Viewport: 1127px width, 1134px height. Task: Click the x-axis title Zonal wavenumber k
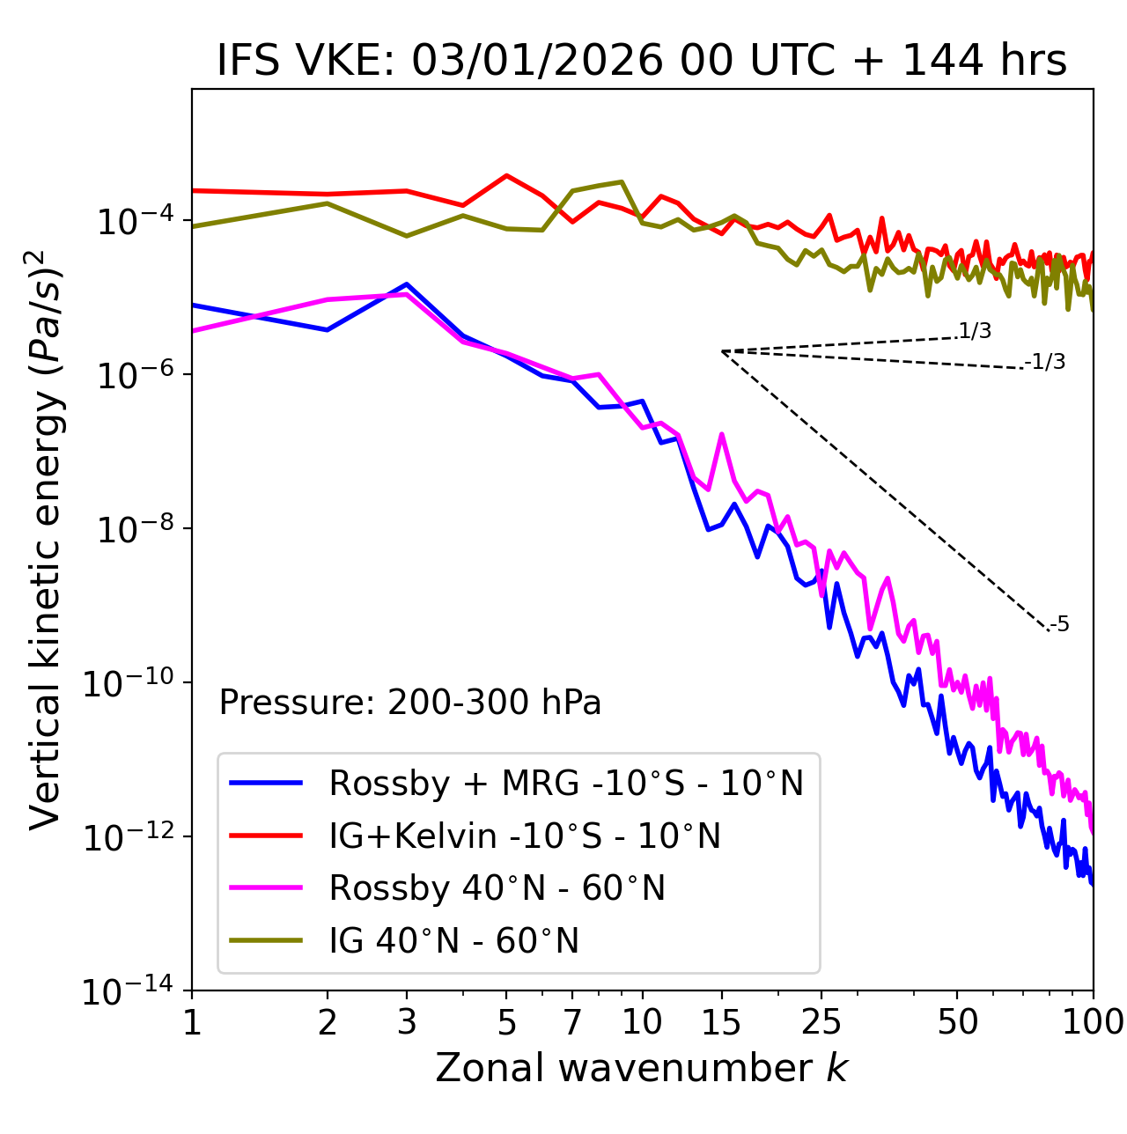[x=641, y=1067]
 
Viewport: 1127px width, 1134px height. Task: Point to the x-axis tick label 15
[x=721, y=1022]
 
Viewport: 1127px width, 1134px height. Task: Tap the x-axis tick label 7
[x=572, y=1022]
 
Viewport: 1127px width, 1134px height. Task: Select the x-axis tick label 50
[x=958, y=1022]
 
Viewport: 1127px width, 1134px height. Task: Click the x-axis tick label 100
[x=1092, y=1022]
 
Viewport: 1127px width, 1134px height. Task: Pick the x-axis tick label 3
[x=406, y=1022]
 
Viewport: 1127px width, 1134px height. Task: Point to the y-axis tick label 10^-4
[x=133, y=221]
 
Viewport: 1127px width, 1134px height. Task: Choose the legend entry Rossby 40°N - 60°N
[x=497, y=888]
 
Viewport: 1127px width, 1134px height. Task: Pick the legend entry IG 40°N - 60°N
[x=453, y=941]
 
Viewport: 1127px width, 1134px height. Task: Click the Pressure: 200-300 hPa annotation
[x=409, y=703]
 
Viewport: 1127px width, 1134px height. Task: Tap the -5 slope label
[x=1060, y=625]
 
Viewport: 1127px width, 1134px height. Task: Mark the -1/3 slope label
[x=1047, y=361]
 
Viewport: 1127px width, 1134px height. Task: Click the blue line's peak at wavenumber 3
[x=406, y=284]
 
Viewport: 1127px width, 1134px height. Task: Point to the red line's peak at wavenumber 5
[x=506, y=175]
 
